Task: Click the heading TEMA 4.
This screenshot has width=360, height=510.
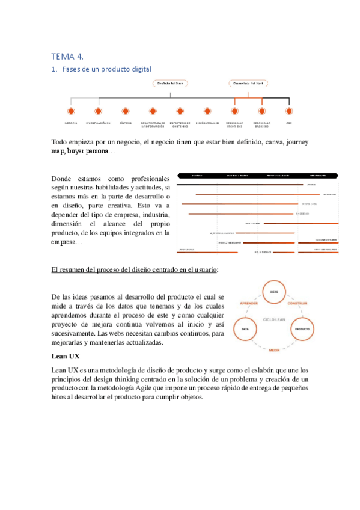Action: point(67,57)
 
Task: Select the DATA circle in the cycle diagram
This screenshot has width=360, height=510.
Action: point(245,330)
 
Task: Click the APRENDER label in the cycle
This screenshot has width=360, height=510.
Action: point(249,304)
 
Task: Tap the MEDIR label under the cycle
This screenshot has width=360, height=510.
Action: point(274,349)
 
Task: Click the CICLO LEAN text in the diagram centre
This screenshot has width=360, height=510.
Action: point(274,319)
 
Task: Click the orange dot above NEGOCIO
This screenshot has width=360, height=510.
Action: point(71,111)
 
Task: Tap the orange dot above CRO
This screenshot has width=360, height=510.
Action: point(289,111)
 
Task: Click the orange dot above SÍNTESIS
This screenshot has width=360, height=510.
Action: point(126,111)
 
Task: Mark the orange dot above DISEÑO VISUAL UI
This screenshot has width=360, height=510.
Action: point(207,111)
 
